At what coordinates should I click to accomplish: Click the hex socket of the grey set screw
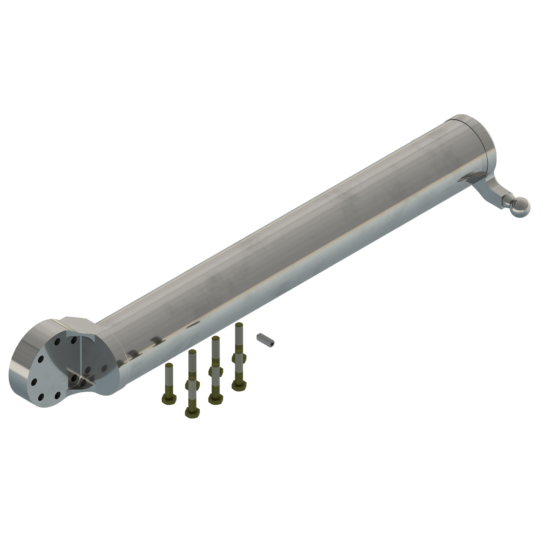tap(272, 342)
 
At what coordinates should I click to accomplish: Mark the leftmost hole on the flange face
tap(34, 381)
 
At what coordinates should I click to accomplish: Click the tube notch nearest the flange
tap(132, 354)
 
